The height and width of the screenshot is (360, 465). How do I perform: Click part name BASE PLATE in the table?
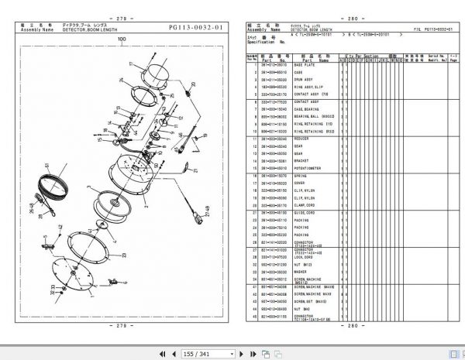304,64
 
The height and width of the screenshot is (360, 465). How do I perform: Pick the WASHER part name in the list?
301,271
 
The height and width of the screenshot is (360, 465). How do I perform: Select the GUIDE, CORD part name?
305,212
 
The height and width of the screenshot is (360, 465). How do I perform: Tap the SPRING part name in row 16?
301,176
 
